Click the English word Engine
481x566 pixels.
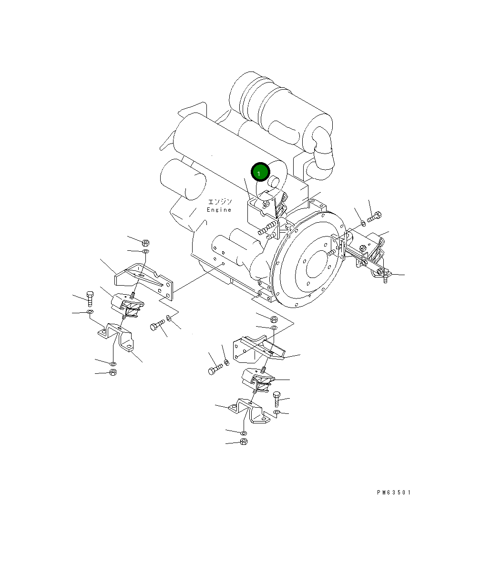tap(219, 210)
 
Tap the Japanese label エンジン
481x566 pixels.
tap(220, 202)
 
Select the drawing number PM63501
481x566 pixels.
tap(393, 493)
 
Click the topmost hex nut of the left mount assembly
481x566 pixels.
tap(146, 242)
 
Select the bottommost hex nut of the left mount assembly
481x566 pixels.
tap(113, 372)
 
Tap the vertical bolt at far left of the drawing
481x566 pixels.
tap(90, 298)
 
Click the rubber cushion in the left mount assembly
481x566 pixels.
tap(128, 305)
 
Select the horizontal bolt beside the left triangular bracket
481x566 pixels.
tap(157, 327)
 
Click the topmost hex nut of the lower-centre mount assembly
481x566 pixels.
tap(274, 319)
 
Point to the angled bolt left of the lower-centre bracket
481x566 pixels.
tap(215, 370)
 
